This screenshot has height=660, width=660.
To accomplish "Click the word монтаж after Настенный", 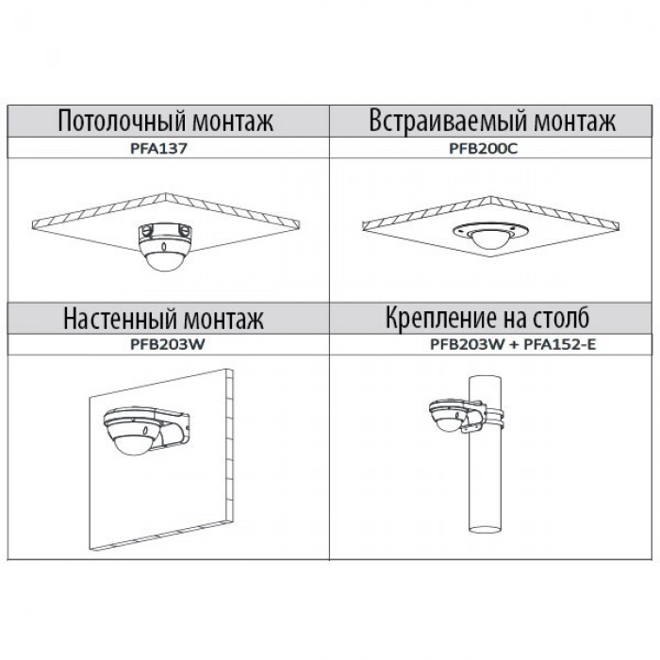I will (224, 316).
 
